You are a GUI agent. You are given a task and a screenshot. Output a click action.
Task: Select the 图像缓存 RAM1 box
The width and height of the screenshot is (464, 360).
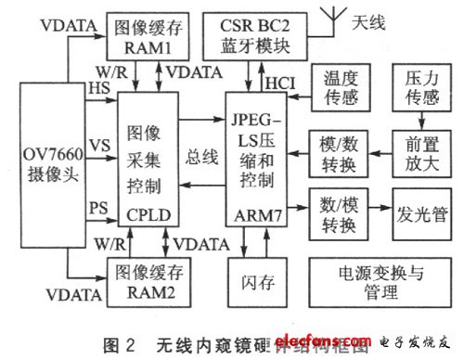point(144,36)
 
